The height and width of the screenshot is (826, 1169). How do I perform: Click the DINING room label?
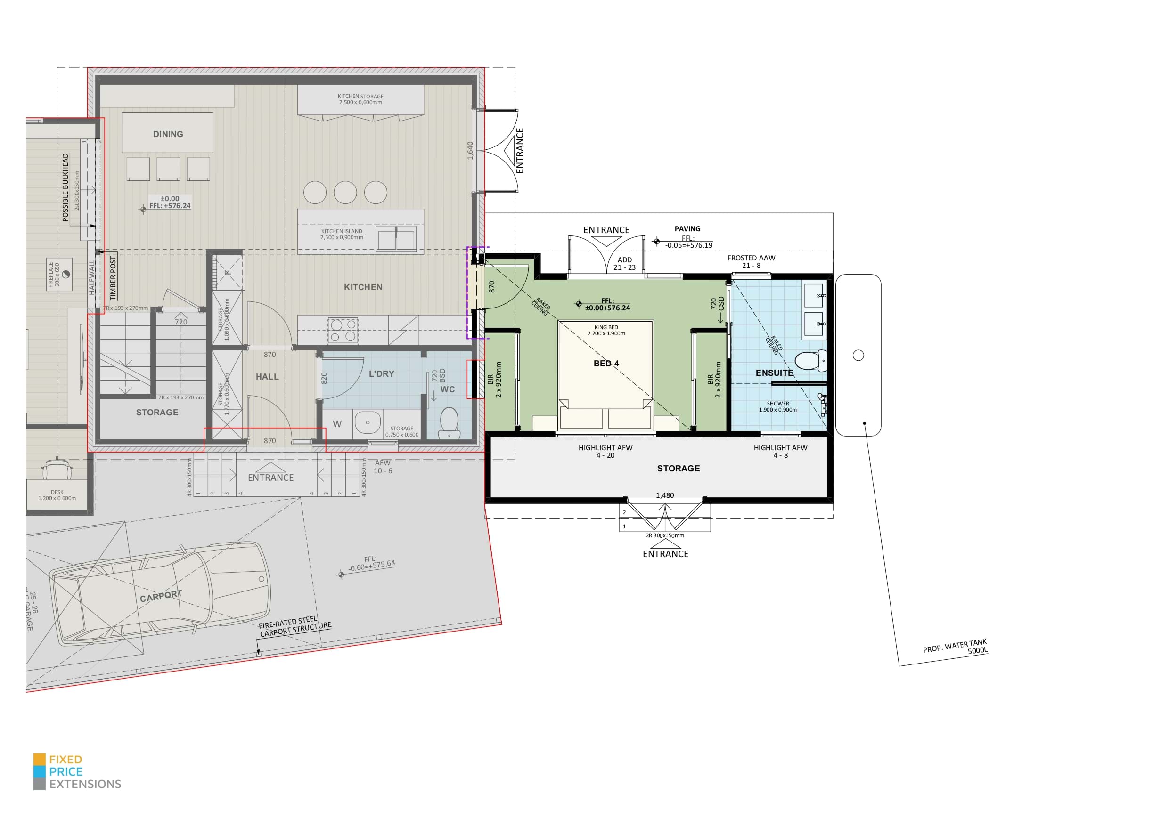tap(168, 134)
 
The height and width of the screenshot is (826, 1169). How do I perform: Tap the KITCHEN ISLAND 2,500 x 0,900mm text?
tap(342, 234)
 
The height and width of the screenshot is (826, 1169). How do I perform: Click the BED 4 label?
tap(606, 364)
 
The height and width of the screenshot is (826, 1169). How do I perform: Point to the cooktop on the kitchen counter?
tap(343, 330)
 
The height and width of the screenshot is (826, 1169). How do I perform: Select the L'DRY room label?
tap(381, 373)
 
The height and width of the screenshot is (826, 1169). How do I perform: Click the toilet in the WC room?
tap(449, 422)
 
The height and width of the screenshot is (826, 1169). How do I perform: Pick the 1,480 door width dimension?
tap(664, 495)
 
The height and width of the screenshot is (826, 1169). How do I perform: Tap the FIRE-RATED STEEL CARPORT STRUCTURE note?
tap(295, 626)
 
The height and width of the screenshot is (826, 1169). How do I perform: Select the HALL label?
tap(267, 377)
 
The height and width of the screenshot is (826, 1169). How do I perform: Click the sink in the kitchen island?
tap(396, 239)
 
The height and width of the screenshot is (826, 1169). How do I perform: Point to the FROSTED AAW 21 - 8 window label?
tap(751, 261)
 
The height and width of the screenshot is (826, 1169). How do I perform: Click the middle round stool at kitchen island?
tap(345, 193)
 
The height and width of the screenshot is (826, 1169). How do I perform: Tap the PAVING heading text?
tap(687, 228)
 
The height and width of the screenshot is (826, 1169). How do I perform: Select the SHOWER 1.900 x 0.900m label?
tap(777, 406)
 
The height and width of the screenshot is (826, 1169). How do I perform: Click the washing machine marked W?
tap(337, 424)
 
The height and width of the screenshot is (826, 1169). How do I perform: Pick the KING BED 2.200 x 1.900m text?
tap(606, 330)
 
